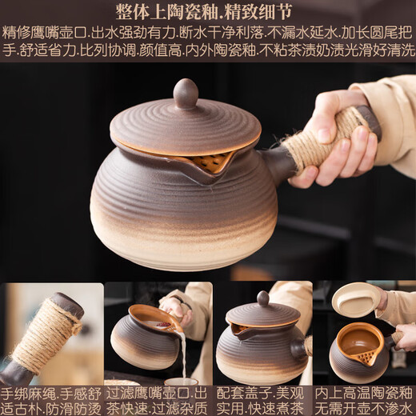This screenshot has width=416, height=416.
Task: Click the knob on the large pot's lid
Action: point(186,92)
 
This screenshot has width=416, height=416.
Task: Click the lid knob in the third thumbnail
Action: point(262,298)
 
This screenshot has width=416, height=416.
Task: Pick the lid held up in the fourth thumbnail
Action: point(357,299)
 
